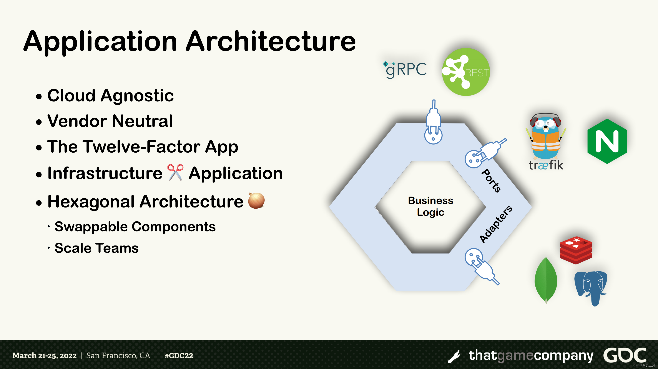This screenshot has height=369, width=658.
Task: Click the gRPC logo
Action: [405, 69]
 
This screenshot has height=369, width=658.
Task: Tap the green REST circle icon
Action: [466, 72]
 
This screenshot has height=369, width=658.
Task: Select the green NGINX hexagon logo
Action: [607, 141]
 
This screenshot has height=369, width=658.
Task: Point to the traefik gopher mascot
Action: [546, 136]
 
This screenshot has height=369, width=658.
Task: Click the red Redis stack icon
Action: [576, 250]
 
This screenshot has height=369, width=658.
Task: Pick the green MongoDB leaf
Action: [546, 280]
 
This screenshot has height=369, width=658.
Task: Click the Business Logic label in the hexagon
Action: [431, 206]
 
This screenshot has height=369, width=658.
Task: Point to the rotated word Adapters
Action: [495, 224]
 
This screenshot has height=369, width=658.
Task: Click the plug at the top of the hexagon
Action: [433, 122]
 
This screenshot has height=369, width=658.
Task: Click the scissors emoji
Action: [175, 173]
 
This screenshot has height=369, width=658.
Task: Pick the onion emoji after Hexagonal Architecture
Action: [256, 201]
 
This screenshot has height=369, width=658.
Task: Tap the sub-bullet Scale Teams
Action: [96, 248]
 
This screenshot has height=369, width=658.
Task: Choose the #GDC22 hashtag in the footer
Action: [179, 356]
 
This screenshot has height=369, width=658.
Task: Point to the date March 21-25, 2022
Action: [45, 356]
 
